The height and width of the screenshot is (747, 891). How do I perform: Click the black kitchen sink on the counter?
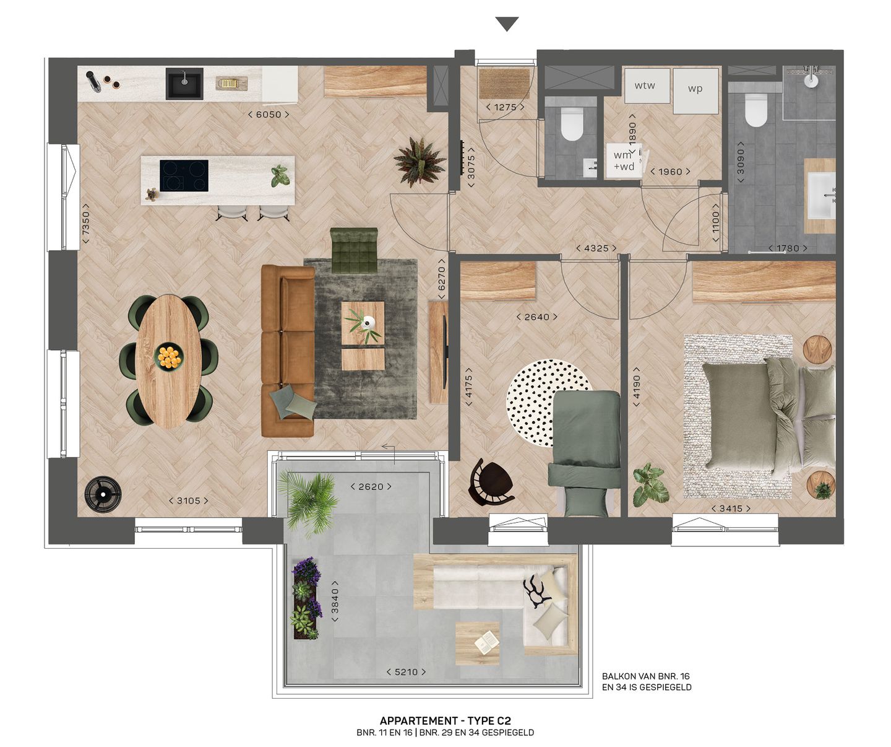184,84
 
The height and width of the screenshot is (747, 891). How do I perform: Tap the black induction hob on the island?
184,176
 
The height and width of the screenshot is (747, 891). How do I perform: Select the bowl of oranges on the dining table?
168,357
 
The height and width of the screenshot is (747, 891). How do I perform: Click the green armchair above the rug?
354,250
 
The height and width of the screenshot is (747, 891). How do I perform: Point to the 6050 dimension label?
269,115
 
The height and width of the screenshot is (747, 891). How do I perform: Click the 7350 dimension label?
86,224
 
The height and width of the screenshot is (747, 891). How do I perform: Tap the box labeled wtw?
645,85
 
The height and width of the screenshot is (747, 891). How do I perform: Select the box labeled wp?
695,89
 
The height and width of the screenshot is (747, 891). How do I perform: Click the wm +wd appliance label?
624,161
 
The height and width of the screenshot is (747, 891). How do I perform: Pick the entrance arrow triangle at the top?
507,24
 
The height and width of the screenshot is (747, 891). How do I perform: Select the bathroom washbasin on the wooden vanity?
822,195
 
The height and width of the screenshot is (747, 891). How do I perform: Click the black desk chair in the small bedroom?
489,481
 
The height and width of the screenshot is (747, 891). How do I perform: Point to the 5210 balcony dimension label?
407,672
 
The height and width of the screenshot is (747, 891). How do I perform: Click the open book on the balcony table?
487,642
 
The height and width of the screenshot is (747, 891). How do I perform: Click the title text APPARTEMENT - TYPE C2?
445,721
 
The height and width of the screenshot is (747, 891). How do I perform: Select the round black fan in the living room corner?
103,494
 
